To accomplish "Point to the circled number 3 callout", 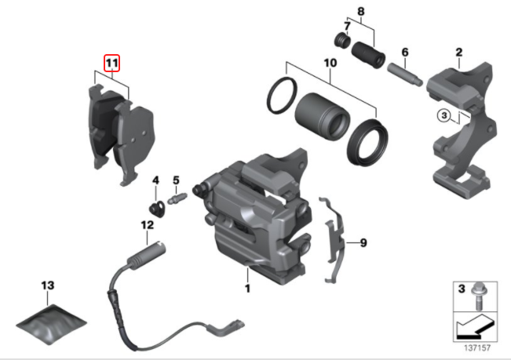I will click(444, 115).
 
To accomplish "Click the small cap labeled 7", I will click(341, 40).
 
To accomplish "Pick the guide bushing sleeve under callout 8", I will click(367, 56).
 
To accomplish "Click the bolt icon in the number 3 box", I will click(480, 294).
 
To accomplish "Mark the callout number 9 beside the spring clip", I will click(363, 243).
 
